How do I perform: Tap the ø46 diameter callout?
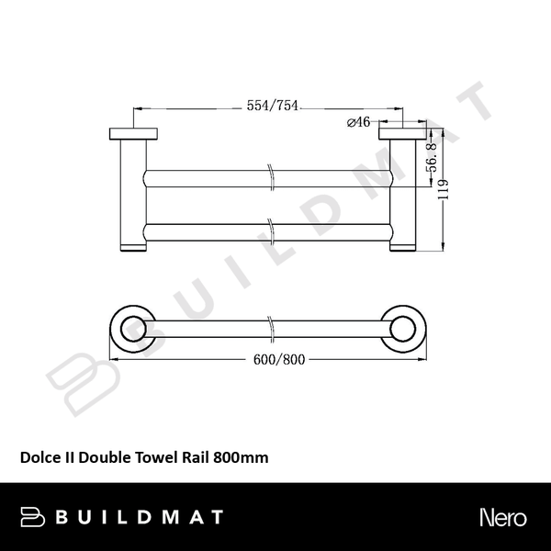[x=358, y=123]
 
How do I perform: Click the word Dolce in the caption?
[x=38, y=456]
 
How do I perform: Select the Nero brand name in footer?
[x=502, y=517]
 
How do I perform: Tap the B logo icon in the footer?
[x=33, y=517]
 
